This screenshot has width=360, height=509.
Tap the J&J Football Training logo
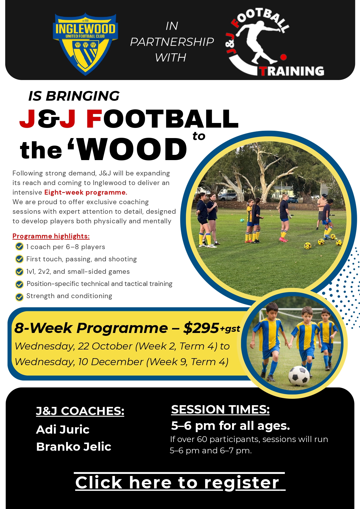pyautogui.click(x=274, y=43)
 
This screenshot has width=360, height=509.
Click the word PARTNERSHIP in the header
pyautogui.click(x=172, y=42)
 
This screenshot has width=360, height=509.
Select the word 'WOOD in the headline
pyautogui.click(x=128, y=149)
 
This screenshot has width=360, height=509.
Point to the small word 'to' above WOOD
pyautogui.click(x=199, y=136)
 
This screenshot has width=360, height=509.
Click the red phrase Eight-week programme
pyautogui.click(x=86, y=192)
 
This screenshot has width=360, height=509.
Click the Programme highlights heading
pyautogui.click(x=51, y=236)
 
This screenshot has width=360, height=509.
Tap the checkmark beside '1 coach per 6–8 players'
pyautogui.click(x=19, y=247)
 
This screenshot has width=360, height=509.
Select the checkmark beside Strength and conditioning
pyautogui.click(x=19, y=297)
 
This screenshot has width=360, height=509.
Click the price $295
pyautogui.click(x=201, y=328)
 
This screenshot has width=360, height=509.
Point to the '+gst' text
pyautogui.click(x=230, y=329)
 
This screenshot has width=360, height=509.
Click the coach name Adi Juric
pyautogui.click(x=63, y=430)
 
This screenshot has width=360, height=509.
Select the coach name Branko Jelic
pyautogui.click(x=74, y=447)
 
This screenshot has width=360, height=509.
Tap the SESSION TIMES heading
pyautogui.click(x=220, y=410)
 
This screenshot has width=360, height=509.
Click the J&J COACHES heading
pyautogui.click(x=80, y=411)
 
